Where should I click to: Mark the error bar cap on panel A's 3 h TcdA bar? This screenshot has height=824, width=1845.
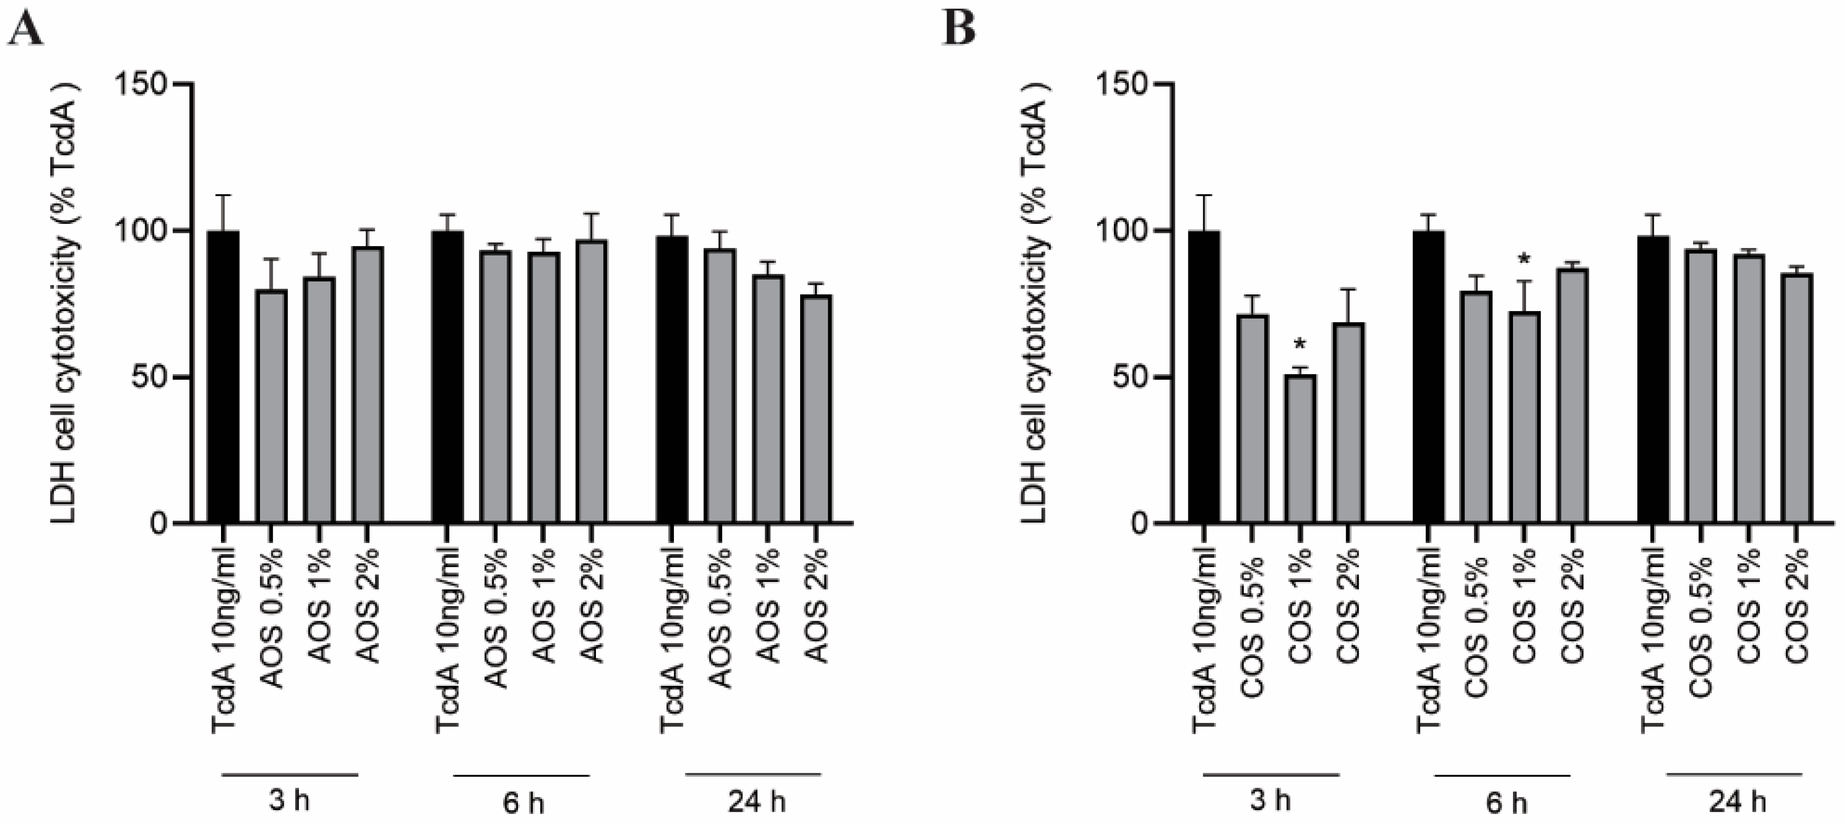[223, 195]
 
